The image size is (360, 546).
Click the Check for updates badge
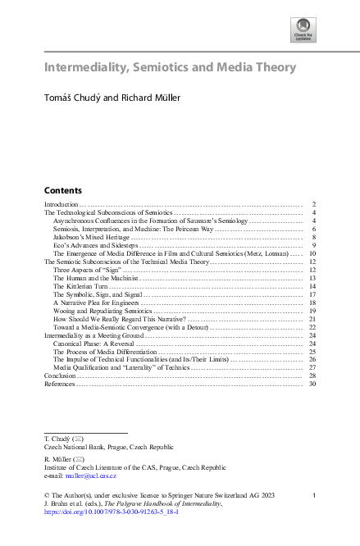(x=304, y=35)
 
